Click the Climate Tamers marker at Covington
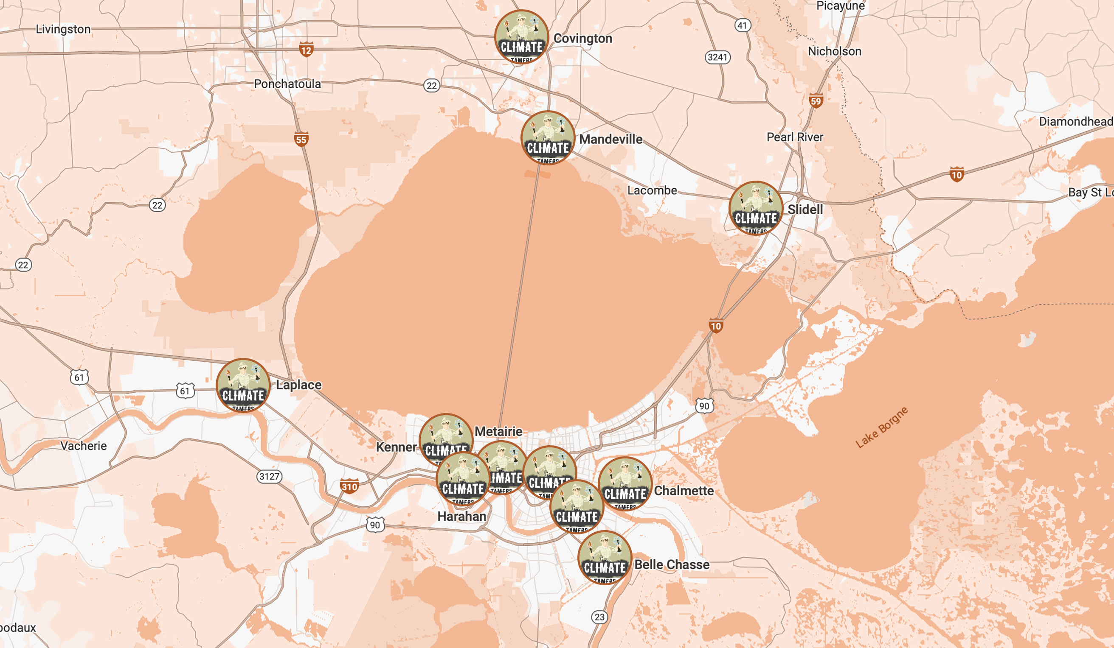[522, 37]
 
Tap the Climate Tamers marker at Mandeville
[548, 138]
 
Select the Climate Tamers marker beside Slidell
[756, 208]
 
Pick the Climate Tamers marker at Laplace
[243, 385]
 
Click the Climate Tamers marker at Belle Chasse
[605, 557]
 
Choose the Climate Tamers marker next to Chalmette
[625, 484]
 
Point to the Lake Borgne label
[881, 427]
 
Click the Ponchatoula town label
[287, 84]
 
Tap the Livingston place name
[63, 29]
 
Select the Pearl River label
[795, 137]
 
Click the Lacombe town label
[652, 190]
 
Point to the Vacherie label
[84, 446]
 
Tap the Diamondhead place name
[1075, 121]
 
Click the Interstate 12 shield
[307, 50]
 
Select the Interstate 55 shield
[301, 140]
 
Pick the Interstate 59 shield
[816, 101]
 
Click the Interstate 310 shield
[349, 486]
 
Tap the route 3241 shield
[717, 57]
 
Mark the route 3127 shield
[269, 476]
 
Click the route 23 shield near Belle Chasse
[599, 617]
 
